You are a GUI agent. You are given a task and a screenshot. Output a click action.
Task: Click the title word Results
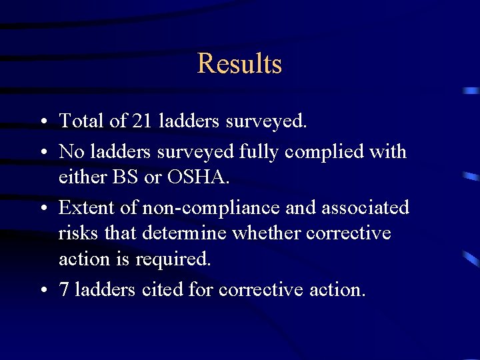coord(239,64)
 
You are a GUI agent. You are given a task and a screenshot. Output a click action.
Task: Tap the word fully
coord(259,152)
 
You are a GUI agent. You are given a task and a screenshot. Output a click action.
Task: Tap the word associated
coord(365,207)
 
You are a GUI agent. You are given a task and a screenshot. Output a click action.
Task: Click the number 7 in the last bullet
coord(64,290)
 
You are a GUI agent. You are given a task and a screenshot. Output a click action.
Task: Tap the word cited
coord(157,290)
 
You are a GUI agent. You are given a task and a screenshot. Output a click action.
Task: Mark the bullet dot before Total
coord(43,122)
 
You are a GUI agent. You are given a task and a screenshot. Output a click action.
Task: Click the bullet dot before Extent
coord(43,209)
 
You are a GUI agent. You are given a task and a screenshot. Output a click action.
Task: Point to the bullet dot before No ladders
coord(43,153)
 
